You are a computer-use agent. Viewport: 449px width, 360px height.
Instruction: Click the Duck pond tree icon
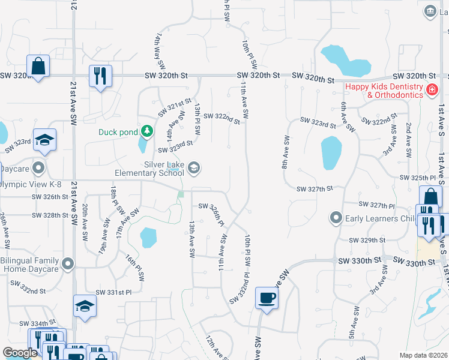pos(146,131)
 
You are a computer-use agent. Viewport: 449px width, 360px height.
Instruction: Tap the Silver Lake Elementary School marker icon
pos(194,167)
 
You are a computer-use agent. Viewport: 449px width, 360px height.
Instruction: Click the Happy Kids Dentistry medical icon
pos(430,91)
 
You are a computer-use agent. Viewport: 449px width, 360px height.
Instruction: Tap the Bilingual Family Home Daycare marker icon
pos(68,263)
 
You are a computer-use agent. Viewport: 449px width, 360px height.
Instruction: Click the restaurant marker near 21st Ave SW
pos(100,76)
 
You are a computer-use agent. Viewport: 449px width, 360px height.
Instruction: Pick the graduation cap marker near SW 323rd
pos(44,140)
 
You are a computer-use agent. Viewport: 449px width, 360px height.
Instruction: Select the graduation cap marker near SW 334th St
pos(85,306)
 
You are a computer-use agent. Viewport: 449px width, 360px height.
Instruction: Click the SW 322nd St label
pos(221,116)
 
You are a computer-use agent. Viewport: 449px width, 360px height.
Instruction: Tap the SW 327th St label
pos(315,188)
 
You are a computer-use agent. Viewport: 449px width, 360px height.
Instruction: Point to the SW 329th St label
pos(367,240)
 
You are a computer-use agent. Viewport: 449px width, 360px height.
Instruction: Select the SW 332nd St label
pos(28,291)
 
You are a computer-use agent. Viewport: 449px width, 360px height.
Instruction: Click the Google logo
pos(20,353)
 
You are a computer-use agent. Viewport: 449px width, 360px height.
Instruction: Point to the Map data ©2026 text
pos(423,355)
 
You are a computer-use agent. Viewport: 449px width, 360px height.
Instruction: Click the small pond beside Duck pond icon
pos(143,145)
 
